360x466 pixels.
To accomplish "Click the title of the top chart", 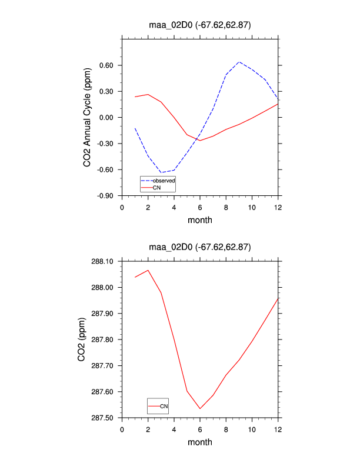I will pos(199,24).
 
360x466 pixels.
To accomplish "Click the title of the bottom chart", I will pos(199,247).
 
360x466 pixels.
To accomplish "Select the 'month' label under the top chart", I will pos(199,220).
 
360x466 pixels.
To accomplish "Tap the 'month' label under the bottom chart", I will pos(199,442).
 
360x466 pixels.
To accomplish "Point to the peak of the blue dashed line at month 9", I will pos(239,62).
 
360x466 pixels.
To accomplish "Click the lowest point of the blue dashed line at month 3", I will pos(161,173).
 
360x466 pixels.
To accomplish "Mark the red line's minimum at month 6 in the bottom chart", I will pos(200,408).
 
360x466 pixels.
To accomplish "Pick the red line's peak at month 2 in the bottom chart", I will pos(148,271).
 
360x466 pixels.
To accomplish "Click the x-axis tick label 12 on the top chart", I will pos(278,208).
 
